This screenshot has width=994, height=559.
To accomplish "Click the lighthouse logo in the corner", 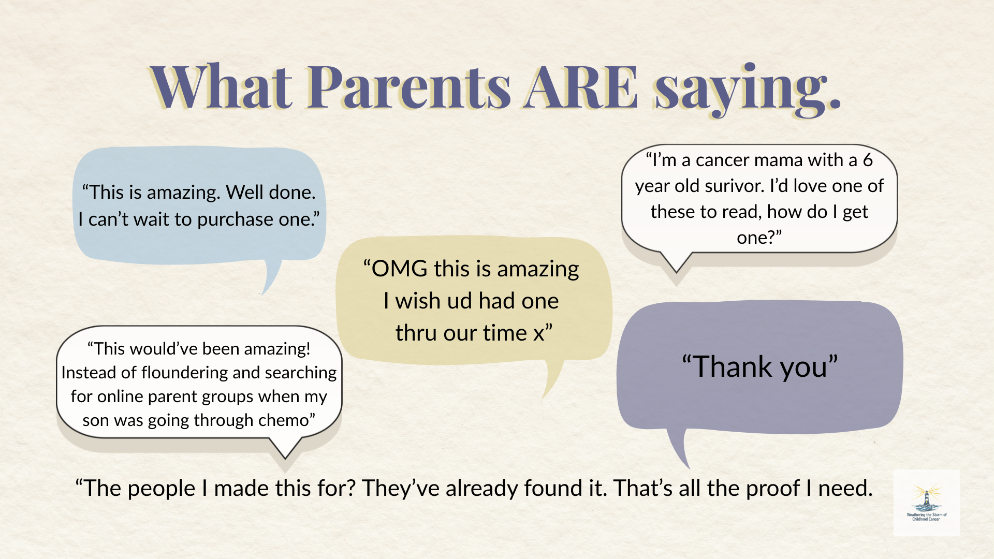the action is click(x=927, y=503).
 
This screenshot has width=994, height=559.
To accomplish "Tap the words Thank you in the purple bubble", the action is click(x=760, y=367).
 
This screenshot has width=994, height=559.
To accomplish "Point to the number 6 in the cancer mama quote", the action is click(x=868, y=160).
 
